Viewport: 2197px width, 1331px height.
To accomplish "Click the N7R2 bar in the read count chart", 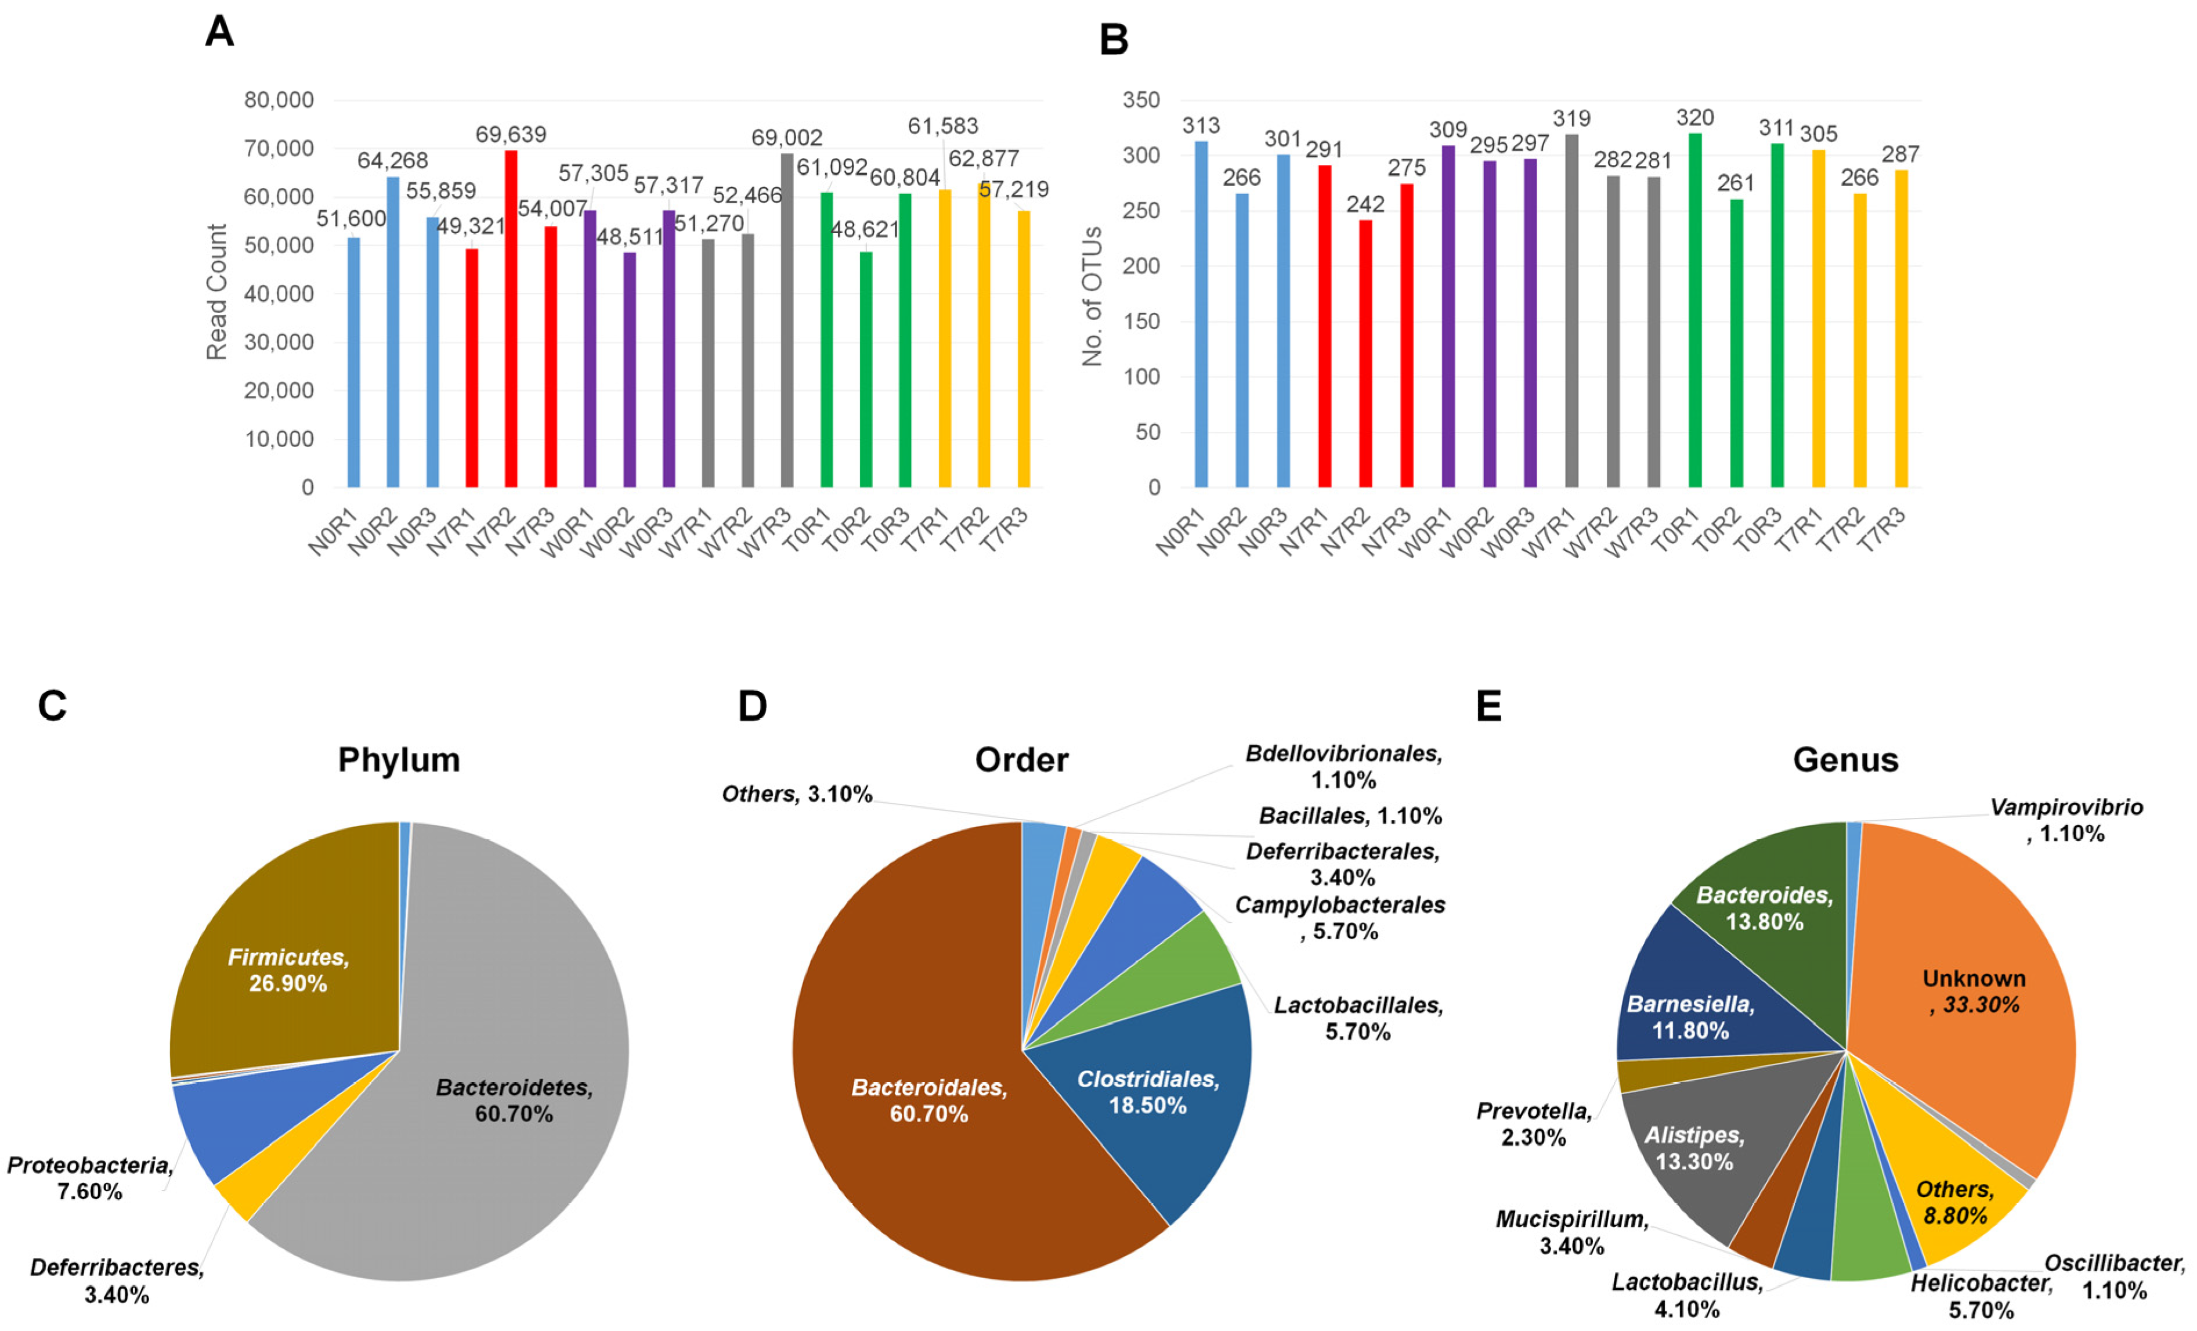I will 511,321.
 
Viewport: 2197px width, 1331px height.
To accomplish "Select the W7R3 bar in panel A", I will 786,321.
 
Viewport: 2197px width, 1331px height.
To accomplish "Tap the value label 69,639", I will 511,135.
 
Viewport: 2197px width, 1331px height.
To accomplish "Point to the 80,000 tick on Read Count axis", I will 279,100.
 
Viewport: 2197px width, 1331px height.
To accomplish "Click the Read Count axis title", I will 216,292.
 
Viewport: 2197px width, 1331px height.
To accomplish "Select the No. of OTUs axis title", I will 1092,297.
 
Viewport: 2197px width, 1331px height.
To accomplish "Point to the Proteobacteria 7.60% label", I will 89,1178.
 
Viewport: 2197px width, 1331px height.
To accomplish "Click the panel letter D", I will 753,706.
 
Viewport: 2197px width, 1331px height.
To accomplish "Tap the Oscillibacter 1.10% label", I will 2114,1276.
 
